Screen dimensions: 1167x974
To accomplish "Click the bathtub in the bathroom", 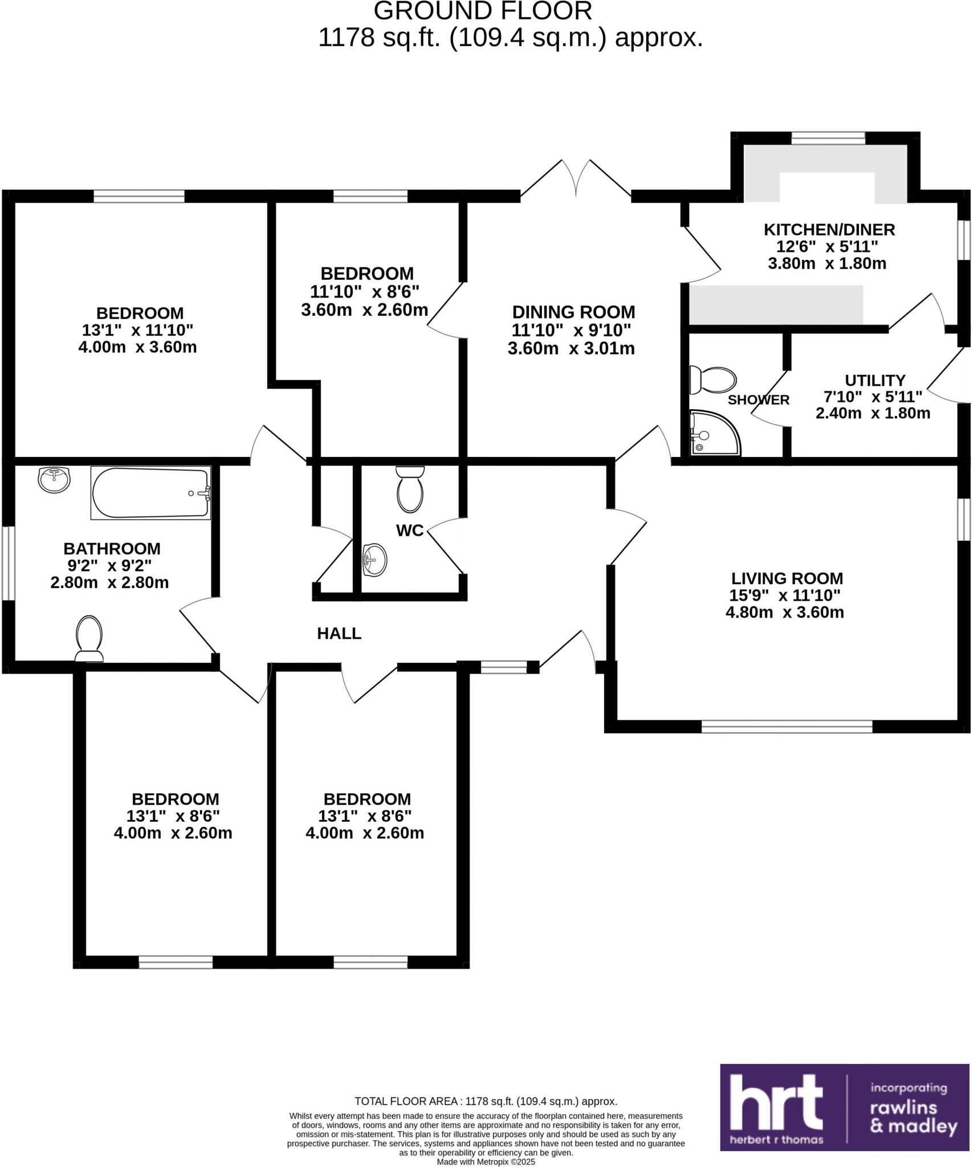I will (x=150, y=493).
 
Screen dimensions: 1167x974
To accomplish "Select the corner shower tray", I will (x=714, y=434).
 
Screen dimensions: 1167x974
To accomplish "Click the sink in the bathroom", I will (x=54, y=479).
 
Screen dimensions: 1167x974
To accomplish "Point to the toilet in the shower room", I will (x=713, y=380).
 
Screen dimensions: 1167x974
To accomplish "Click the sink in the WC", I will (x=374, y=560).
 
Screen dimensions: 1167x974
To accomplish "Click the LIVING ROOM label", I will (x=786, y=578).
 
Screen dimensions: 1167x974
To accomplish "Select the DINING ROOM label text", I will (x=573, y=312).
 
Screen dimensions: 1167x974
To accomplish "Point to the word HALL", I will (x=339, y=633).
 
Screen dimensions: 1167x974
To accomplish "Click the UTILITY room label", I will (x=875, y=380).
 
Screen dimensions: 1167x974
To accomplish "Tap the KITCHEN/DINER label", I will (x=829, y=230).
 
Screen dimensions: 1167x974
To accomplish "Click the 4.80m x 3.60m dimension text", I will (x=784, y=613).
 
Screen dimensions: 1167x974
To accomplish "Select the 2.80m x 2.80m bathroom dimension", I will (x=109, y=583).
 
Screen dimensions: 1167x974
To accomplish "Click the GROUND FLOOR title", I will (x=482, y=11).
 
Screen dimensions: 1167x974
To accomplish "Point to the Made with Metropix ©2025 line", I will (x=486, y=1162).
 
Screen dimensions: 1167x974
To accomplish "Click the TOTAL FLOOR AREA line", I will (x=486, y=1101).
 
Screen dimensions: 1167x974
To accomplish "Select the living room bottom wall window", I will (x=786, y=726).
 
